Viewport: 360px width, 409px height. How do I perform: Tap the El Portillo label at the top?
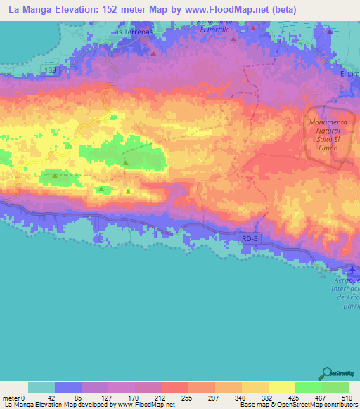[x=214, y=30]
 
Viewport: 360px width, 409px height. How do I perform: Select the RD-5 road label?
[x=250, y=239]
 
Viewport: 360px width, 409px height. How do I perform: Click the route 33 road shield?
[x=52, y=71]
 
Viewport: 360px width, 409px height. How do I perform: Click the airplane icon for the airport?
[x=352, y=271]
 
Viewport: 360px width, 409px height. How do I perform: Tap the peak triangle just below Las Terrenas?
[x=153, y=52]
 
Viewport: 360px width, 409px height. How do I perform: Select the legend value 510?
[x=347, y=398]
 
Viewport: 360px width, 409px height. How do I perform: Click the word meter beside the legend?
[x=10, y=398]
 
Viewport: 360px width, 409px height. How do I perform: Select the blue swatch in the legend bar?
[x=68, y=387]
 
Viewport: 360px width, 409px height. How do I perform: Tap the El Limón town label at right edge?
[x=349, y=74]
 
